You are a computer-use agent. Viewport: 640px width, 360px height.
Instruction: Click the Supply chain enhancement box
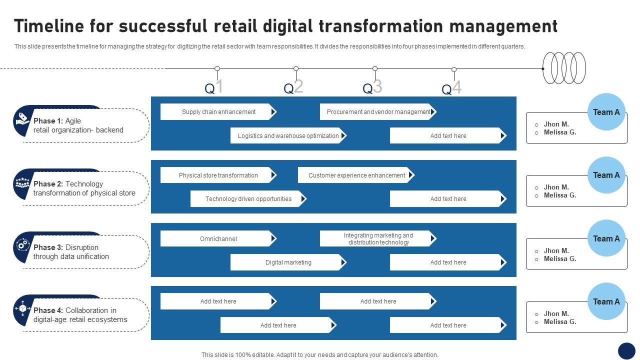(x=218, y=112)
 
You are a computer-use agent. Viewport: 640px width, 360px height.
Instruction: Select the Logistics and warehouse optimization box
(x=288, y=136)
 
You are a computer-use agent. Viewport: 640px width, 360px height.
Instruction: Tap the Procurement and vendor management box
(x=378, y=112)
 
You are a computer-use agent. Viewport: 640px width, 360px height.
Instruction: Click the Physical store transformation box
(x=218, y=175)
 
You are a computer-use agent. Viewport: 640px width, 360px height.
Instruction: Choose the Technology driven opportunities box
(x=248, y=199)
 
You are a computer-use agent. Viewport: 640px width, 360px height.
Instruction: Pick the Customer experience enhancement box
(x=356, y=175)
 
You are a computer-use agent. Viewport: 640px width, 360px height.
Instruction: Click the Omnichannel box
(x=218, y=239)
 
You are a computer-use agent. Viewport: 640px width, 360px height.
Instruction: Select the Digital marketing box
(x=288, y=262)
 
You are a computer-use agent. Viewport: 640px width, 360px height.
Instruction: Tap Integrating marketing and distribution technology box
(x=378, y=239)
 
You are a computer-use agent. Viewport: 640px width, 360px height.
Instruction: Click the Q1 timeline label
(x=213, y=87)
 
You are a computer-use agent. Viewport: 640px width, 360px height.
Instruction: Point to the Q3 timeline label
(x=372, y=87)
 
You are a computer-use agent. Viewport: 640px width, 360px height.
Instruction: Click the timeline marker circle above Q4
(x=454, y=69)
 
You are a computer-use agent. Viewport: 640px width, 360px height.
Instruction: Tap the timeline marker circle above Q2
(x=296, y=68)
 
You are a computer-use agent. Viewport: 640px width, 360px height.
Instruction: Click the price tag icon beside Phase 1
(x=22, y=118)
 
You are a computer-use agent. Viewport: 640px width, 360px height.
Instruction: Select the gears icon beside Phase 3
(x=22, y=245)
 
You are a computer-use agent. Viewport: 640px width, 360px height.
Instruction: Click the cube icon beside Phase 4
(x=22, y=308)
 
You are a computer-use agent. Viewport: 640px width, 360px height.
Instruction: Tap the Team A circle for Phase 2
(x=606, y=175)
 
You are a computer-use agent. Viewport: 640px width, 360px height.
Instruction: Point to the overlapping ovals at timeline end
(x=564, y=68)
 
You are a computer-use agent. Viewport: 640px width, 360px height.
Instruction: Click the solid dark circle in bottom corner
(x=626, y=350)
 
